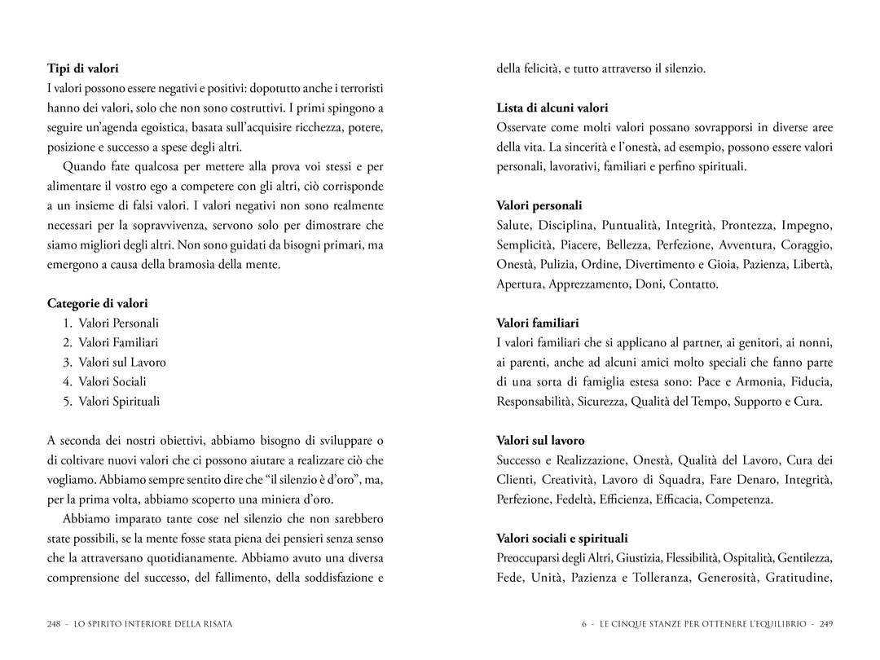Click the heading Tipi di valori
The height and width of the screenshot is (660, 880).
83,69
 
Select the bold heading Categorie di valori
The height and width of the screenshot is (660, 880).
98,304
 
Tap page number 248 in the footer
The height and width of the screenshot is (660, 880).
55,624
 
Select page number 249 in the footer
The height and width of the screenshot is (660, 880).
825,624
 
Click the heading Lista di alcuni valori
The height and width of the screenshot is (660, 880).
552,108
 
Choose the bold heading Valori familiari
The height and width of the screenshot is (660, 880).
538,323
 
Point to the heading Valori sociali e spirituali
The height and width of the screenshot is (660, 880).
562,539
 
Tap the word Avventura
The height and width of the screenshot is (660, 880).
746,245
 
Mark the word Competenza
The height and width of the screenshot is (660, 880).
739,499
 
